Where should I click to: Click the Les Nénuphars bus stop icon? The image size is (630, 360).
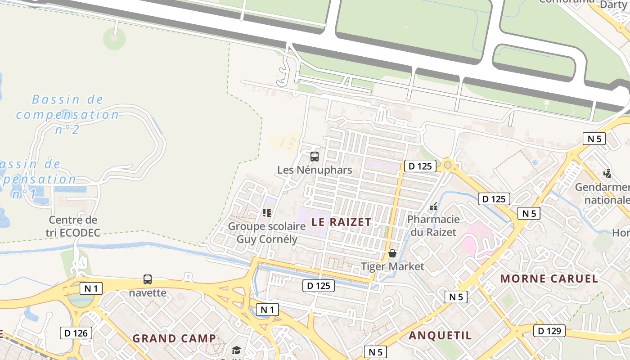(x=314, y=157)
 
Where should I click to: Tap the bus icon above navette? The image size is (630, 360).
(x=148, y=279)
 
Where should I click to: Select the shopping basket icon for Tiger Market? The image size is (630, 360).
(x=392, y=253)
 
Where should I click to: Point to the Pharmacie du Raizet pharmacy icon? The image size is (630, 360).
(x=433, y=207)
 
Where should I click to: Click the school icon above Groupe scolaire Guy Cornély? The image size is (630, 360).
(x=267, y=212)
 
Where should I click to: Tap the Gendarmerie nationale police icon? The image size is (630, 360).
(x=607, y=173)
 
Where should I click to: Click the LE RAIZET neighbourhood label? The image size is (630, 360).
(x=342, y=222)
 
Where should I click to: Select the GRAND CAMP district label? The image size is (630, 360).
(x=174, y=338)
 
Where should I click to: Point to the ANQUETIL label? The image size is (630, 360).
(x=440, y=335)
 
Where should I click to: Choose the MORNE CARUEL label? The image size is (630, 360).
(x=549, y=279)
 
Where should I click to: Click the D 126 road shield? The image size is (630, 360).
(x=76, y=333)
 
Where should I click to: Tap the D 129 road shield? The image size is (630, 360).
(x=549, y=331)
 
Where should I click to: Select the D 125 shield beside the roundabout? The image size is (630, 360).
(x=420, y=166)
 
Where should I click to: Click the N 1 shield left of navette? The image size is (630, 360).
(x=90, y=288)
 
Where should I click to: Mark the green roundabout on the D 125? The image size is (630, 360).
(x=447, y=165)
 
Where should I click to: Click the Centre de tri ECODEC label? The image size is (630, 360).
(x=73, y=226)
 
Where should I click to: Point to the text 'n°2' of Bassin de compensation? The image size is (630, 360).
(x=67, y=130)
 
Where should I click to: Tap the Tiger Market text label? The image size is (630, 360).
(x=392, y=266)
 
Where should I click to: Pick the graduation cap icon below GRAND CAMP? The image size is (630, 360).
(x=236, y=351)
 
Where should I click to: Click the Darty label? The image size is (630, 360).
(x=613, y=4)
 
